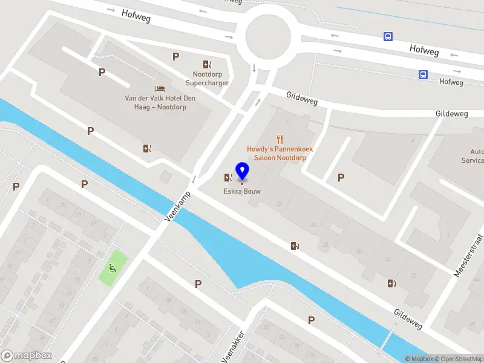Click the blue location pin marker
click(x=242, y=171)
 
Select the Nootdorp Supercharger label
click(x=207, y=78)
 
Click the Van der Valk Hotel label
click(x=155, y=102)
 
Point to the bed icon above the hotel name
click(x=160, y=88)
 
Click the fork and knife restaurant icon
click(x=280, y=139)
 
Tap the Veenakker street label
click(x=232, y=346)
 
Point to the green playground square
click(x=113, y=267)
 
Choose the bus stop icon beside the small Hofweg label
click(x=423, y=74)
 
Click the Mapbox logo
click(x=26, y=356)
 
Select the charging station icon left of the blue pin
click(x=227, y=177)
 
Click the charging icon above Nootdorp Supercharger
click(x=207, y=64)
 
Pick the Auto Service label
click(x=473, y=156)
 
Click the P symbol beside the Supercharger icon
click(x=176, y=56)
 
